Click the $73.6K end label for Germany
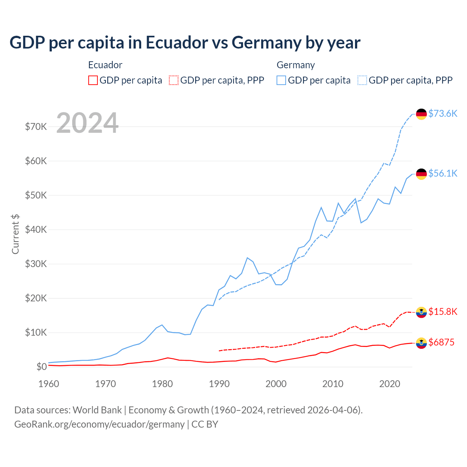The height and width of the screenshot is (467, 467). click(443, 113)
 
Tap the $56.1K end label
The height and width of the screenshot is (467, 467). click(443, 173)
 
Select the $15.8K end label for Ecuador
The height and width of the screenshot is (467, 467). click(443, 312)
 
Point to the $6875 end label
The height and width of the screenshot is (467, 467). click(441, 342)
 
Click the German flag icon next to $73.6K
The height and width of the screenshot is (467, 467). click(421, 114)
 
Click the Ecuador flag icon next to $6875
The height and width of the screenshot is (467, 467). click(421, 343)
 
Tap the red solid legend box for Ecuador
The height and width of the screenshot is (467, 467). click(93, 80)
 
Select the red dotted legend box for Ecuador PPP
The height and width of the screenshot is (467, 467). click(174, 80)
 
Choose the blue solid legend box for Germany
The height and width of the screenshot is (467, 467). click(281, 80)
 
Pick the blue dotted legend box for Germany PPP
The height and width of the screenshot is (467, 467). click(362, 80)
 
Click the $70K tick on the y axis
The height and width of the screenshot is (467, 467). click(36, 127)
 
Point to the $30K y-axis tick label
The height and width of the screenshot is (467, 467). click(36, 264)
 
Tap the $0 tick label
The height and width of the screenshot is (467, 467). click(41, 367)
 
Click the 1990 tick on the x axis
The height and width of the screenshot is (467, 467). click(219, 384)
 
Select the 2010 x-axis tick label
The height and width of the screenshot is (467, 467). click(333, 384)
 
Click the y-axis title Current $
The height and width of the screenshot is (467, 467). click(15, 234)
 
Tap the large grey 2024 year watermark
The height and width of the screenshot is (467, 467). click(88, 123)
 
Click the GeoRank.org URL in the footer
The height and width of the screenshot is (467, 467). click(99, 424)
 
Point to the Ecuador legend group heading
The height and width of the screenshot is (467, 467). click(105, 65)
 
